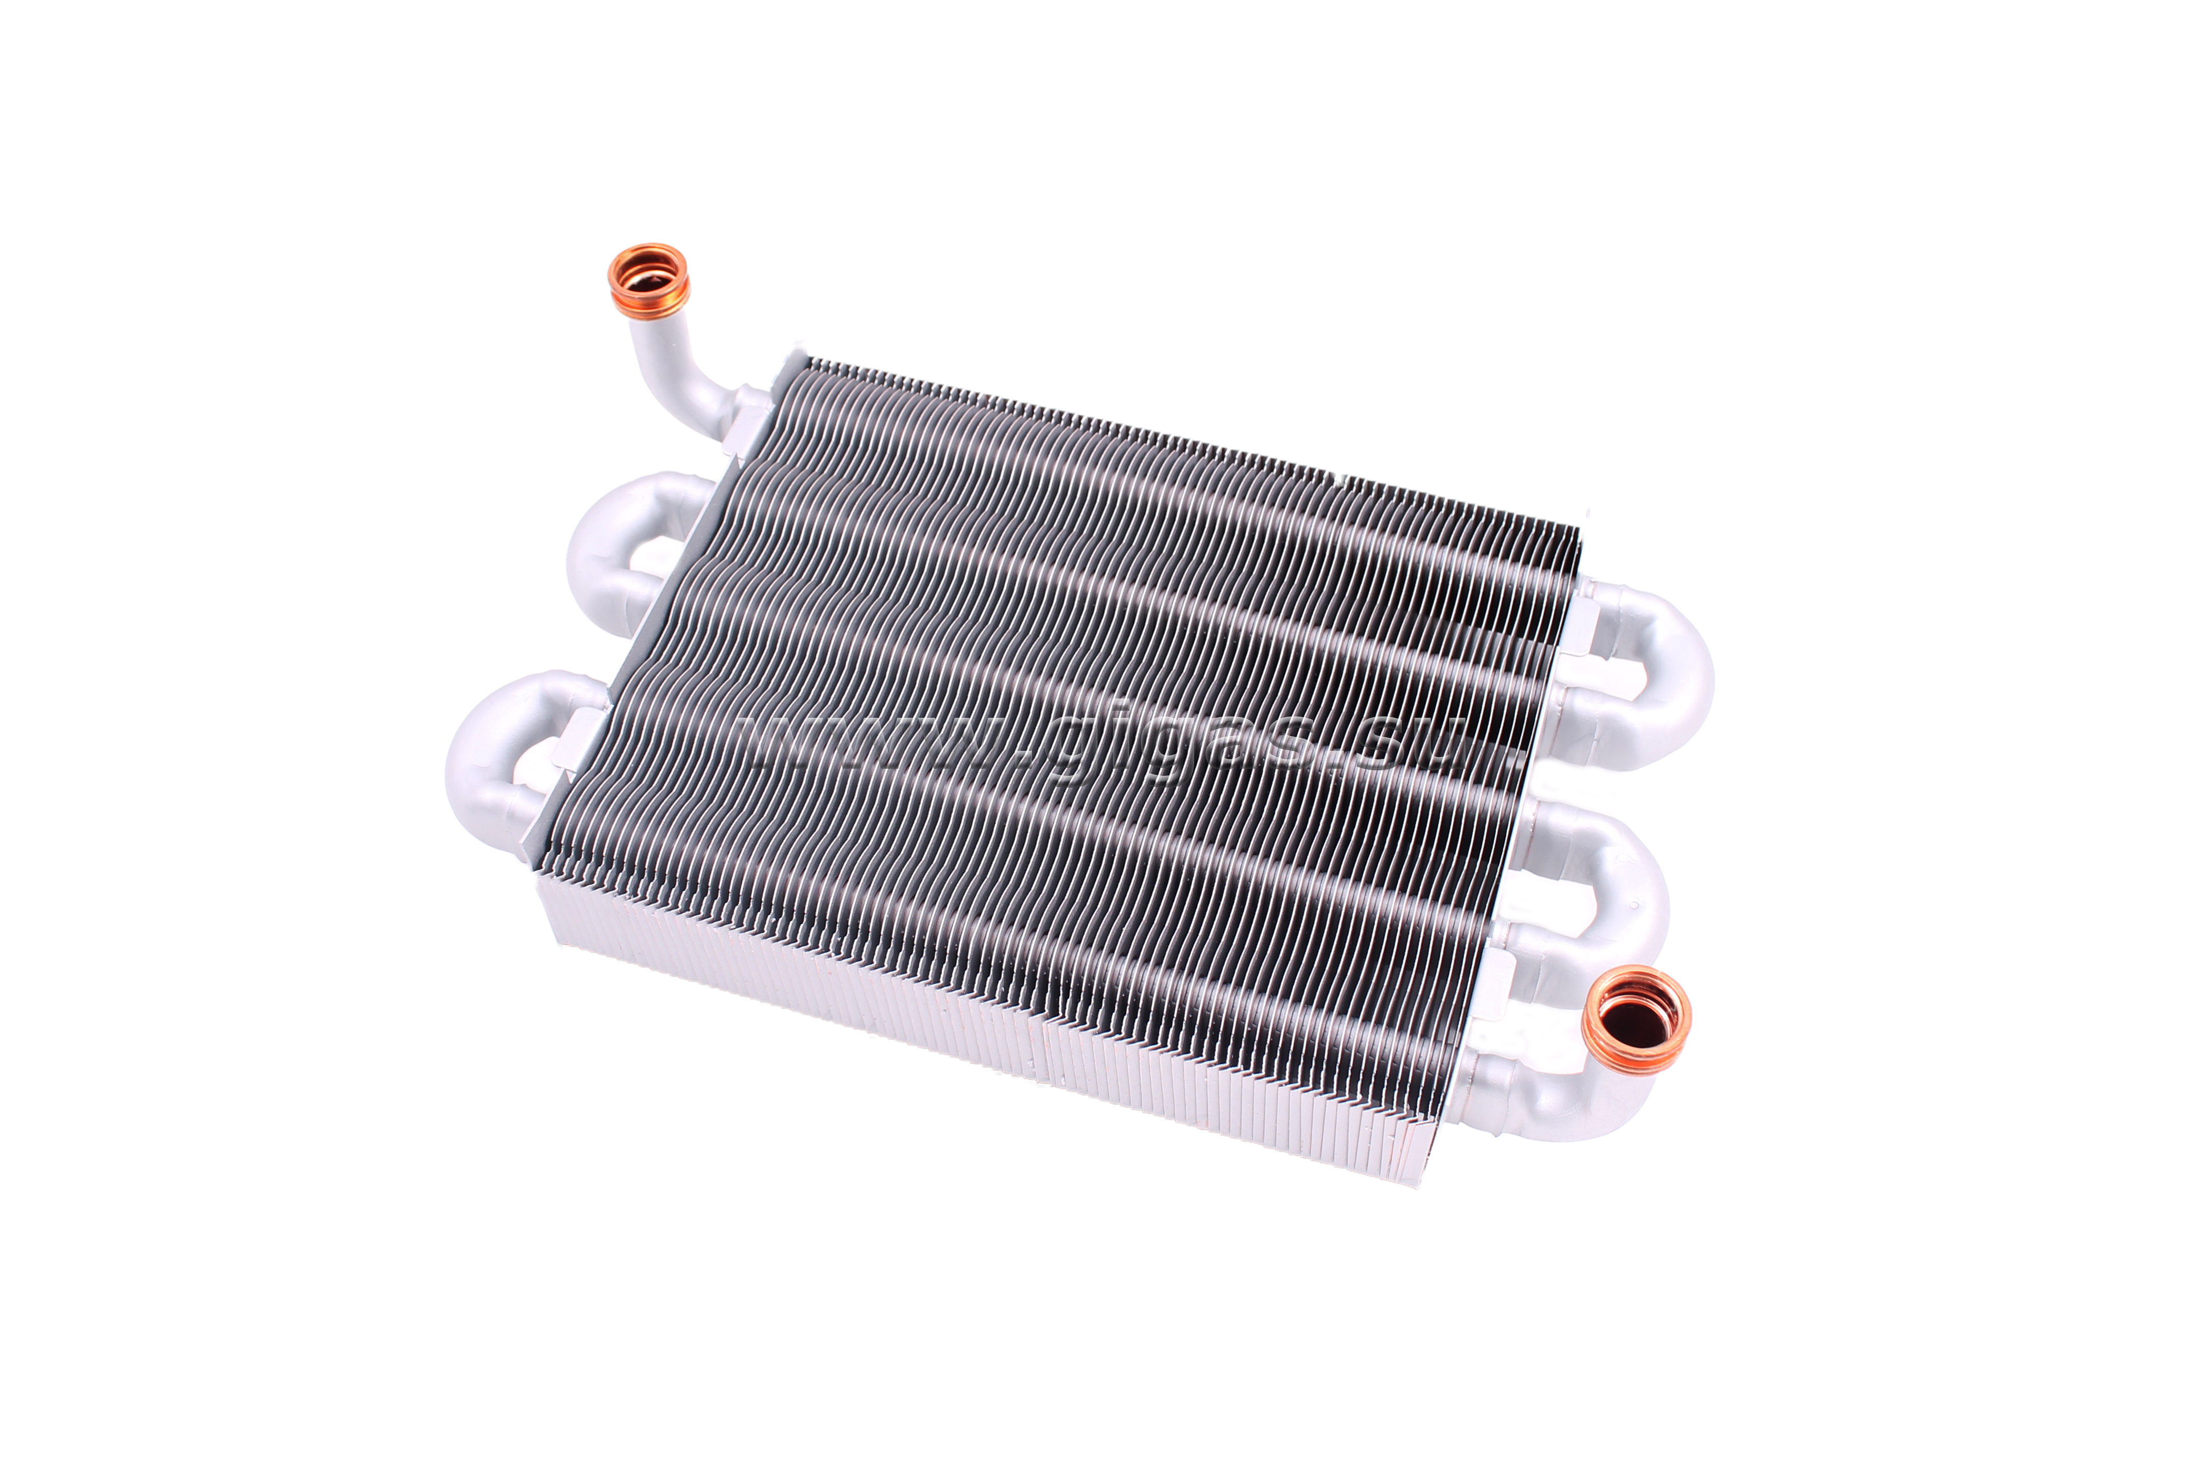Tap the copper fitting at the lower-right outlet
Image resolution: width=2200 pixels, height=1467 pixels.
pos(1636,1019)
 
